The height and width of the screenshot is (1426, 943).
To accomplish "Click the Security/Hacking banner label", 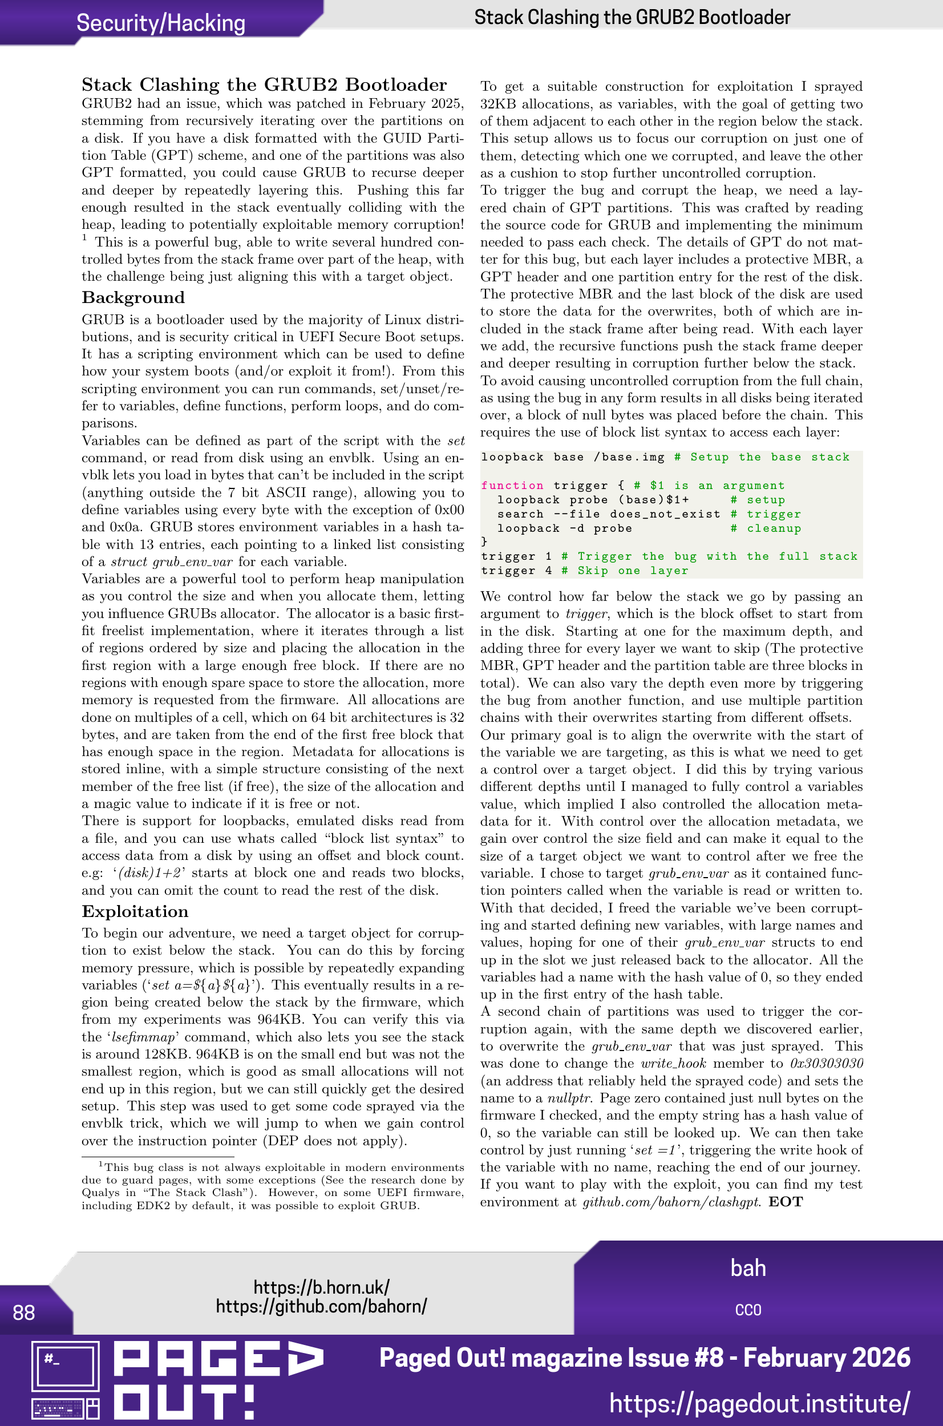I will click(160, 23).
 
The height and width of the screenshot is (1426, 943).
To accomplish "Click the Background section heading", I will click(133, 298).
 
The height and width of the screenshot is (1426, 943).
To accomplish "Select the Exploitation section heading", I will click(135, 912).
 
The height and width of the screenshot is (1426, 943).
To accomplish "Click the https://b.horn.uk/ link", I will click(321, 1287).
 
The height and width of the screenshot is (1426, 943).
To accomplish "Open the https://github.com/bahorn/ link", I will click(321, 1306).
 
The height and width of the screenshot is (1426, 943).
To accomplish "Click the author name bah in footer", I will click(747, 1268).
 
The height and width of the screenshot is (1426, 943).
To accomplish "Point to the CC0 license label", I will click(747, 1310).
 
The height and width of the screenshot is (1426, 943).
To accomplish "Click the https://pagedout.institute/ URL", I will click(759, 1403).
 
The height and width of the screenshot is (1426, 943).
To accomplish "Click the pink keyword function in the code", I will click(512, 486).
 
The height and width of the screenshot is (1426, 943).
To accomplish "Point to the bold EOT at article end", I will click(786, 1202).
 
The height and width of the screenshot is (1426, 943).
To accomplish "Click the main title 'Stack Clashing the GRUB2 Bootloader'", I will click(264, 84).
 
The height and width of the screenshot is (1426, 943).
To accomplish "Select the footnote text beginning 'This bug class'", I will click(273, 1186).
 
